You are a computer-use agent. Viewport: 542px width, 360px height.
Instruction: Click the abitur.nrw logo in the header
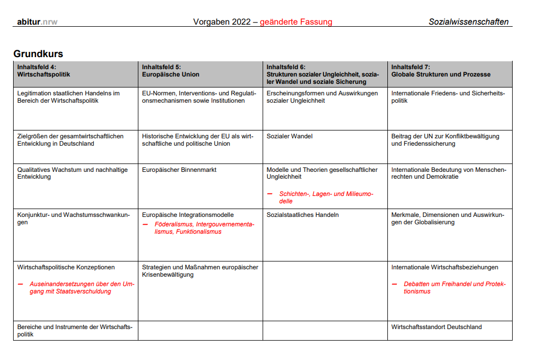37,22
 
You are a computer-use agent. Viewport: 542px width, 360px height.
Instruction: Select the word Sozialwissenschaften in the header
468,22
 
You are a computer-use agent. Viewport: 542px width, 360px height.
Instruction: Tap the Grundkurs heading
38,54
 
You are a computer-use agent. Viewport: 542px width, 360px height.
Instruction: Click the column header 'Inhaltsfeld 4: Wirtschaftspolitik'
44,71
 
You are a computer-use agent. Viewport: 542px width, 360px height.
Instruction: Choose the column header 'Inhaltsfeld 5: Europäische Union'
170,71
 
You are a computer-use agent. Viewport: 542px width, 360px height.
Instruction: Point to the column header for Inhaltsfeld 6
322,74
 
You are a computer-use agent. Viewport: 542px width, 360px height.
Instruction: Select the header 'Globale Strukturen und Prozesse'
441,74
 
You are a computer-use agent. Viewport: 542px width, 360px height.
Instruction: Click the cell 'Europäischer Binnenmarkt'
179,170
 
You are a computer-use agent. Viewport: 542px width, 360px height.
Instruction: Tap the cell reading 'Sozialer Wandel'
289,136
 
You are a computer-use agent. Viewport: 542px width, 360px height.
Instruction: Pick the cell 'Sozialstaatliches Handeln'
302,215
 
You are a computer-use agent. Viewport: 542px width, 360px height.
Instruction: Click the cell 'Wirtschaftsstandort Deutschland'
436,327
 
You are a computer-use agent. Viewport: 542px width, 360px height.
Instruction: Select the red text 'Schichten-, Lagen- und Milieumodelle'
326,198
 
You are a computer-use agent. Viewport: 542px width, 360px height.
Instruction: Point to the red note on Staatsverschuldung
82,288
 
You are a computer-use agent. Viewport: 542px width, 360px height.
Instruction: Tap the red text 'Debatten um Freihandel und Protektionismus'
454,288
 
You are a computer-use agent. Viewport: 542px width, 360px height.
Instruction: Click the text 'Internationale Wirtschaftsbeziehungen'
445,267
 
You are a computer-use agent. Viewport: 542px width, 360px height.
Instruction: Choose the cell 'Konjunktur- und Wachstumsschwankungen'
73,219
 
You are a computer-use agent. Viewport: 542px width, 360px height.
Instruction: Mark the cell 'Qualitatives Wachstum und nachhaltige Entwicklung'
72,173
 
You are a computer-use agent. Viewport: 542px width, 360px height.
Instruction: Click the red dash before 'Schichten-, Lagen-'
269,194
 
